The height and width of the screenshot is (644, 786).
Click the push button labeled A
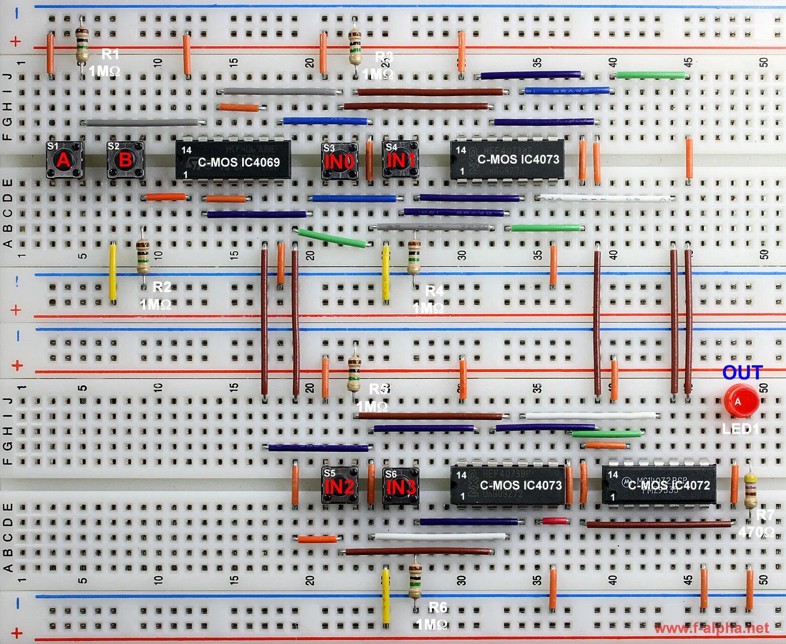point(64,160)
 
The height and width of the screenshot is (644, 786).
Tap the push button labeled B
point(125,160)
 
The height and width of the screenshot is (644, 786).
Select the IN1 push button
point(400,160)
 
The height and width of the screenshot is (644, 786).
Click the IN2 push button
point(339,486)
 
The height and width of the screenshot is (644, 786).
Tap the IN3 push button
point(400,486)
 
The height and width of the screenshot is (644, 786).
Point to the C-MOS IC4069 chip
point(233,160)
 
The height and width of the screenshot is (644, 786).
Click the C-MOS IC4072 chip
point(659,485)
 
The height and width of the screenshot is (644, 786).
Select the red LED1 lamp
point(741,401)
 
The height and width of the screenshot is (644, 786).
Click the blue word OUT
point(742,373)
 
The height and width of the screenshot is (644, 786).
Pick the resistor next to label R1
point(82,45)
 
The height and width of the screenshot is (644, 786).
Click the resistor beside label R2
point(143,257)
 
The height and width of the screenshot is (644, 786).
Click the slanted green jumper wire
point(333,238)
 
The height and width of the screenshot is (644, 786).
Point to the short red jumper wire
point(553,521)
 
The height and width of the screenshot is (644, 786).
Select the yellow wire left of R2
point(113,272)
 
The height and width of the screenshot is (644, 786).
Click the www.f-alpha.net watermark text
point(711,628)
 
